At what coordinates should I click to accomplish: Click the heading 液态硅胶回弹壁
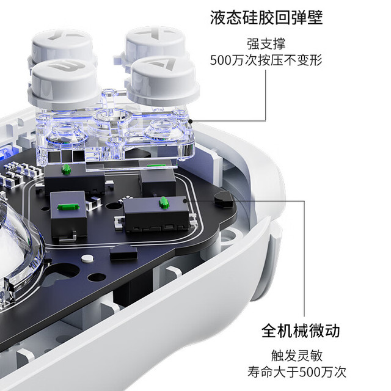(266, 18)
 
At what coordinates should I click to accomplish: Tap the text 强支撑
(266, 44)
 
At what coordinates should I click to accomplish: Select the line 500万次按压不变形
(266, 60)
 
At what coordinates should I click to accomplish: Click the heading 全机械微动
(301, 331)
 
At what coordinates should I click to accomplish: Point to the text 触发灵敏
(297, 356)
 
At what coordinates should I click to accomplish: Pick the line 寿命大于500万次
(297, 372)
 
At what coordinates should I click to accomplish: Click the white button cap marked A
(163, 79)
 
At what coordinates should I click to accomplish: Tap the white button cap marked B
(64, 82)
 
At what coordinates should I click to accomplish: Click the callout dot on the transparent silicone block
(190, 122)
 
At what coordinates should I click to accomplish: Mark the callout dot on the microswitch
(185, 201)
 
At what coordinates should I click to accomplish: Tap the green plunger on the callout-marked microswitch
(164, 202)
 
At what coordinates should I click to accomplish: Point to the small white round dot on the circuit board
(87, 258)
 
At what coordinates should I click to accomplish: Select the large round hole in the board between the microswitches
(114, 206)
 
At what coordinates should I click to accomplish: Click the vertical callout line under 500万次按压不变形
(266, 95)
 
